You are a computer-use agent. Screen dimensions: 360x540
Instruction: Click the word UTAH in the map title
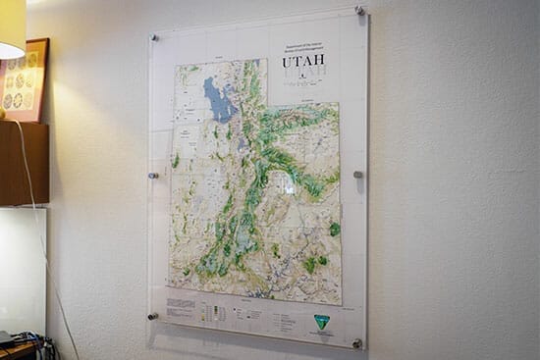[302, 61]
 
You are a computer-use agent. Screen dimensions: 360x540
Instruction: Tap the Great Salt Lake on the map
[218, 99]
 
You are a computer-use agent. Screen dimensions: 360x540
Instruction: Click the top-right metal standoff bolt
[360, 12]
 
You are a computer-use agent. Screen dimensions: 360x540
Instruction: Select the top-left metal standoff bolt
[153, 38]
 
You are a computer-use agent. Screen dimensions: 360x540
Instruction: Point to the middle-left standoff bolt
[153, 177]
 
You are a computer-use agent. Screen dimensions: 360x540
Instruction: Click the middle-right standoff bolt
[358, 175]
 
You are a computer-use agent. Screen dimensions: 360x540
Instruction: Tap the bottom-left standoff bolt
[152, 316]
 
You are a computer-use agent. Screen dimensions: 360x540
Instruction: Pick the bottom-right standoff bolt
[356, 343]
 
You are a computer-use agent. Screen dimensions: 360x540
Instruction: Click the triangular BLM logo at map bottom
[321, 322]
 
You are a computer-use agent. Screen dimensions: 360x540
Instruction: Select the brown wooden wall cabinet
[24, 163]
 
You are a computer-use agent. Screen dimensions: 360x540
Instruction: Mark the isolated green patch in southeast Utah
[335, 229]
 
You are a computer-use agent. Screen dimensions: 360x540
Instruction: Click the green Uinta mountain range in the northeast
[295, 123]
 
